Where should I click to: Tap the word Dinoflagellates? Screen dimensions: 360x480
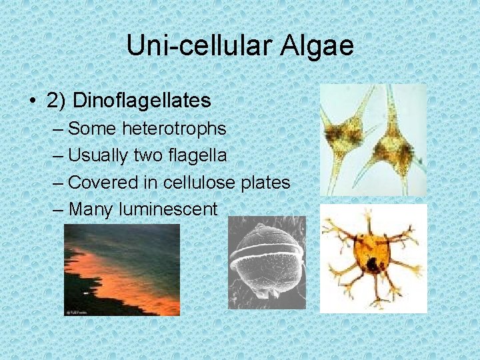pos(141,101)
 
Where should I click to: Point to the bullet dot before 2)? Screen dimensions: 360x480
pos(33,101)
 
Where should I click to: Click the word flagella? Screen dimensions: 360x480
pos(199,155)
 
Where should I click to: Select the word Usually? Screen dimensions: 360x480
pos(99,155)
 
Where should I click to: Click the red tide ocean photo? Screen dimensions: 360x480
pos(122,269)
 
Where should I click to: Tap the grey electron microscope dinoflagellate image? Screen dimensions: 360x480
pos(266,263)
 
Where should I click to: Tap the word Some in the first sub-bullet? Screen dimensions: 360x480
pos(91,128)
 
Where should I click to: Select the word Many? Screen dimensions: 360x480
pos(91,209)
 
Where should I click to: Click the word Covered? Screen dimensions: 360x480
pos(101,182)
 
